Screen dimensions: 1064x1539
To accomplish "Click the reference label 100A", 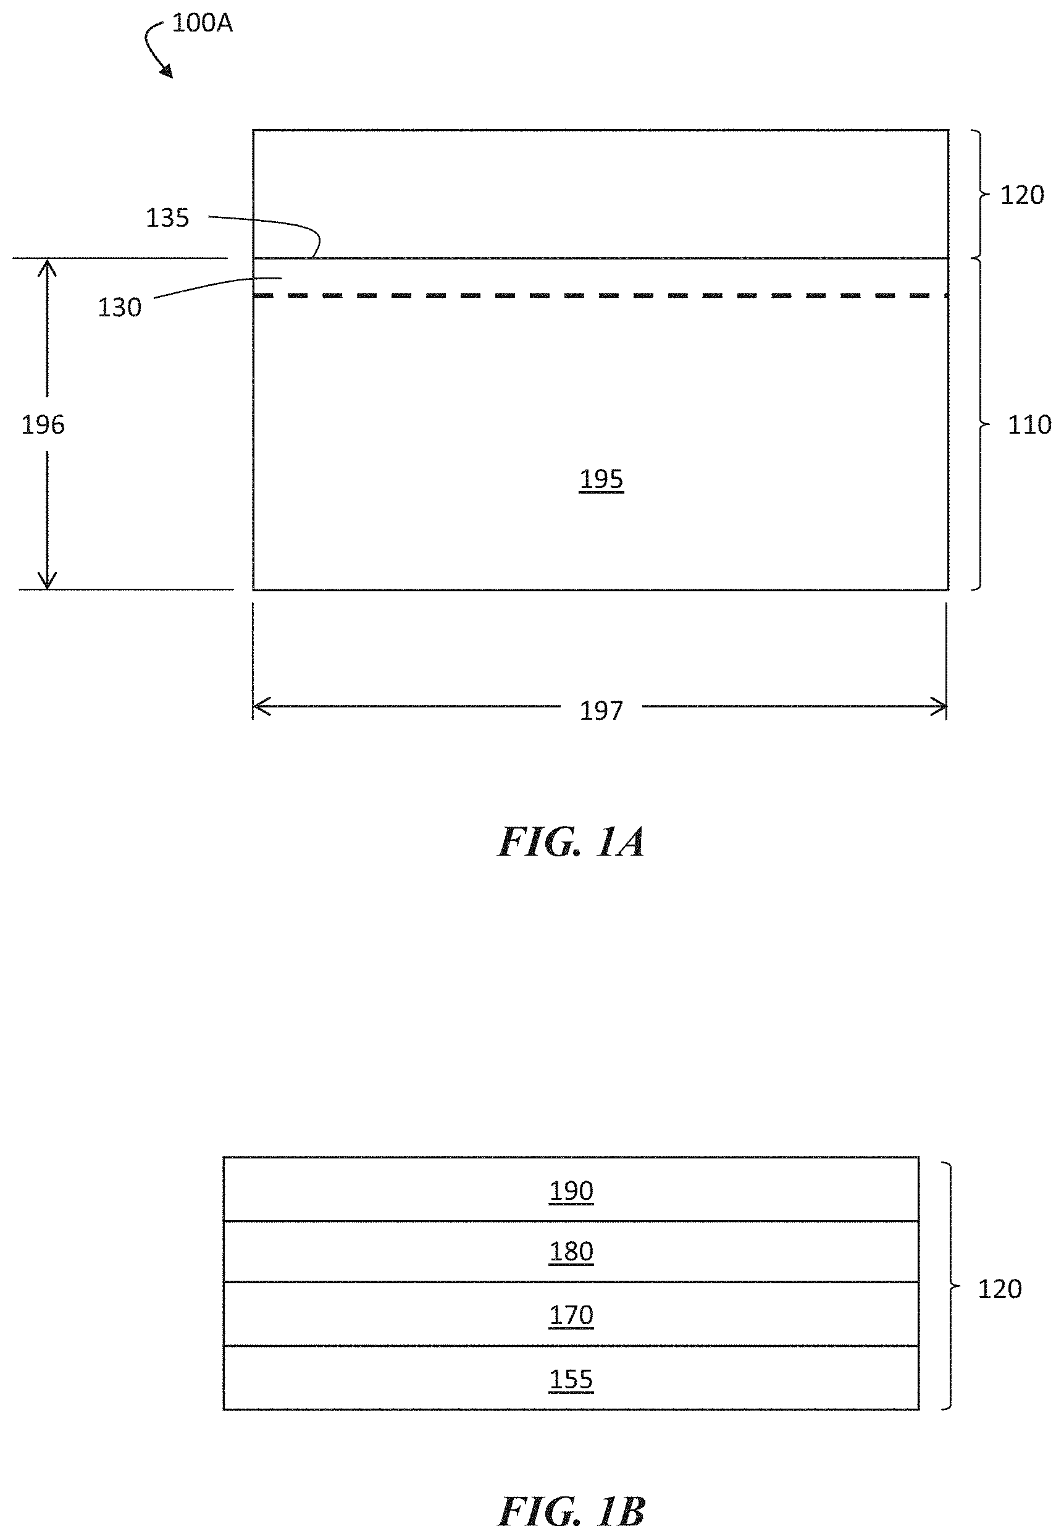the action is (x=202, y=23).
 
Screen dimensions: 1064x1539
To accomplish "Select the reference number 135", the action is (x=167, y=218).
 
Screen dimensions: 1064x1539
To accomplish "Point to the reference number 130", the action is (x=119, y=308).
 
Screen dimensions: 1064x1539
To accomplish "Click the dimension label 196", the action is (x=43, y=425).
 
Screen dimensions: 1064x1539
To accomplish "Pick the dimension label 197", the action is (x=601, y=711).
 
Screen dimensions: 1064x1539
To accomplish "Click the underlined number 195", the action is (x=601, y=479).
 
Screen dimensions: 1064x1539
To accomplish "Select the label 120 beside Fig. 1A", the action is (x=1021, y=195).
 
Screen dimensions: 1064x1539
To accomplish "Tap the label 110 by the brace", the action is (x=1029, y=425).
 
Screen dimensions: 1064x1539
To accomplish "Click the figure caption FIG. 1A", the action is (x=571, y=841).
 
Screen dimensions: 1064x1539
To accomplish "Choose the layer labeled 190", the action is (x=571, y=1191).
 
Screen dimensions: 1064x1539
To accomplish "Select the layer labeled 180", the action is (x=571, y=1252).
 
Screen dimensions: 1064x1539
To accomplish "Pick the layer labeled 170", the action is (x=571, y=1315).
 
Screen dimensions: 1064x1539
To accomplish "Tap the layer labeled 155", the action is (x=571, y=1380).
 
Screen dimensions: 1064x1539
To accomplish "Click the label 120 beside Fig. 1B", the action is (x=999, y=1289).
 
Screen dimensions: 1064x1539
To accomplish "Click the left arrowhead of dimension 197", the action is (x=261, y=706).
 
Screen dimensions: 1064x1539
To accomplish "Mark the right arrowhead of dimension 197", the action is (x=939, y=706).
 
